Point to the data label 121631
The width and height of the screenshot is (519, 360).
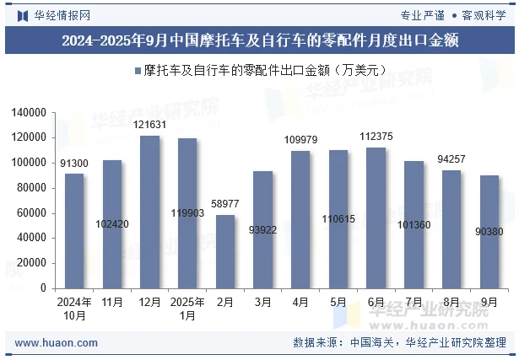tap(149, 125)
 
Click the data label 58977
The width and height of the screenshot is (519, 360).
tap(225, 204)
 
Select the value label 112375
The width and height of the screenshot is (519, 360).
tap(376, 137)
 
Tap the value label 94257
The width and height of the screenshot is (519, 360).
tap(451, 159)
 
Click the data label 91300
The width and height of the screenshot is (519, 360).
tap(74, 163)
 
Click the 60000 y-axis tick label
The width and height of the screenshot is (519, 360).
tap(31, 212)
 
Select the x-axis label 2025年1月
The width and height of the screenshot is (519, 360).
tap(187, 308)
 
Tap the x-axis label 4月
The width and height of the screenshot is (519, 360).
tap(300, 301)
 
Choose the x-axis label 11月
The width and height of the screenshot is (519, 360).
tap(111, 301)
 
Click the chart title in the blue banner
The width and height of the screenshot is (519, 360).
tap(259, 40)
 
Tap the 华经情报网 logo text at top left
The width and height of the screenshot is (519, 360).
tap(61, 14)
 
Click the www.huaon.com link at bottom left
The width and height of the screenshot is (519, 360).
tap(57, 343)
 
